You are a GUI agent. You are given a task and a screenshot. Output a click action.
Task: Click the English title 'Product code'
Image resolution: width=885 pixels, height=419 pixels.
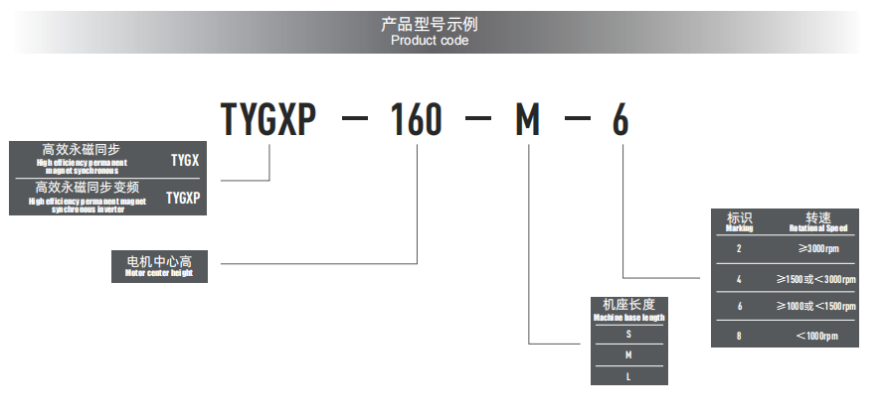[x=429, y=41]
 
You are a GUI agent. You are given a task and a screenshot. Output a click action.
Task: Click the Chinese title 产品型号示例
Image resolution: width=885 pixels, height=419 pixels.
[x=429, y=24]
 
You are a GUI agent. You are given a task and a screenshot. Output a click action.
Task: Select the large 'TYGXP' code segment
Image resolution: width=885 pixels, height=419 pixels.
[x=267, y=121]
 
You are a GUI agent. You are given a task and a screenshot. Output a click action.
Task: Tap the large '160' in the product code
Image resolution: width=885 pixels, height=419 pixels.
[x=416, y=121]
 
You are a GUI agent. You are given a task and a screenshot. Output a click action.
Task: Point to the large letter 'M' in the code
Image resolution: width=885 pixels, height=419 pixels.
[x=527, y=121]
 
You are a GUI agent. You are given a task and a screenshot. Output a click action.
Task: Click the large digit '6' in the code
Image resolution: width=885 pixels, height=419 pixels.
[x=620, y=121]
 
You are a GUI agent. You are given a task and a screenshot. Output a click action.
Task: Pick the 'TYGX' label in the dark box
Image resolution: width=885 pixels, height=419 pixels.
[x=184, y=159]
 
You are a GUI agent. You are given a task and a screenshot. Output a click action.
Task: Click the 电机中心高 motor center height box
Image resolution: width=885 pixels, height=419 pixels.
[x=159, y=266]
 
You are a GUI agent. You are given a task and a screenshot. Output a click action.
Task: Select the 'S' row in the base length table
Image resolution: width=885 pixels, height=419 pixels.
[x=628, y=335]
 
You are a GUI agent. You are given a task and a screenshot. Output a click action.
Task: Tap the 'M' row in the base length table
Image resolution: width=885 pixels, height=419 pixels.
[x=628, y=354]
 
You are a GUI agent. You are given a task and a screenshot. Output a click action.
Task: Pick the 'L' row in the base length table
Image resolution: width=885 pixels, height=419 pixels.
[x=628, y=374]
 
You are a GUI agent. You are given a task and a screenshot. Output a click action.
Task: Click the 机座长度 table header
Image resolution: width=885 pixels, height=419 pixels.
[x=628, y=310]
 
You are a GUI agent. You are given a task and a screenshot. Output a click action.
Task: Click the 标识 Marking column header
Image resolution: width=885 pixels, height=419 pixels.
[x=740, y=221]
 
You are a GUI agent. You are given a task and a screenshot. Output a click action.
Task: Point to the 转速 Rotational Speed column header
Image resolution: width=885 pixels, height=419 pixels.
[x=817, y=221]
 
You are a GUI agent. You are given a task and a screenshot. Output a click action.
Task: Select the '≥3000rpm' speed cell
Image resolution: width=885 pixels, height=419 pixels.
[x=817, y=248]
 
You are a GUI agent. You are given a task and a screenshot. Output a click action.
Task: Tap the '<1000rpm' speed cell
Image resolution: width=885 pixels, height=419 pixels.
[x=817, y=336]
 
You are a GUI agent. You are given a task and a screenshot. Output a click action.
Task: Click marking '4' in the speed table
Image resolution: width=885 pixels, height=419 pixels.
[x=739, y=278]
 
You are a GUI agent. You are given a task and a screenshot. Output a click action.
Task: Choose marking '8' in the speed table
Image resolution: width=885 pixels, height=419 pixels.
[x=739, y=336]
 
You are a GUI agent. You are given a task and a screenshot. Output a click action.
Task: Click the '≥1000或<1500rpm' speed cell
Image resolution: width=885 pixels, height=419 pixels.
[x=817, y=306]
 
